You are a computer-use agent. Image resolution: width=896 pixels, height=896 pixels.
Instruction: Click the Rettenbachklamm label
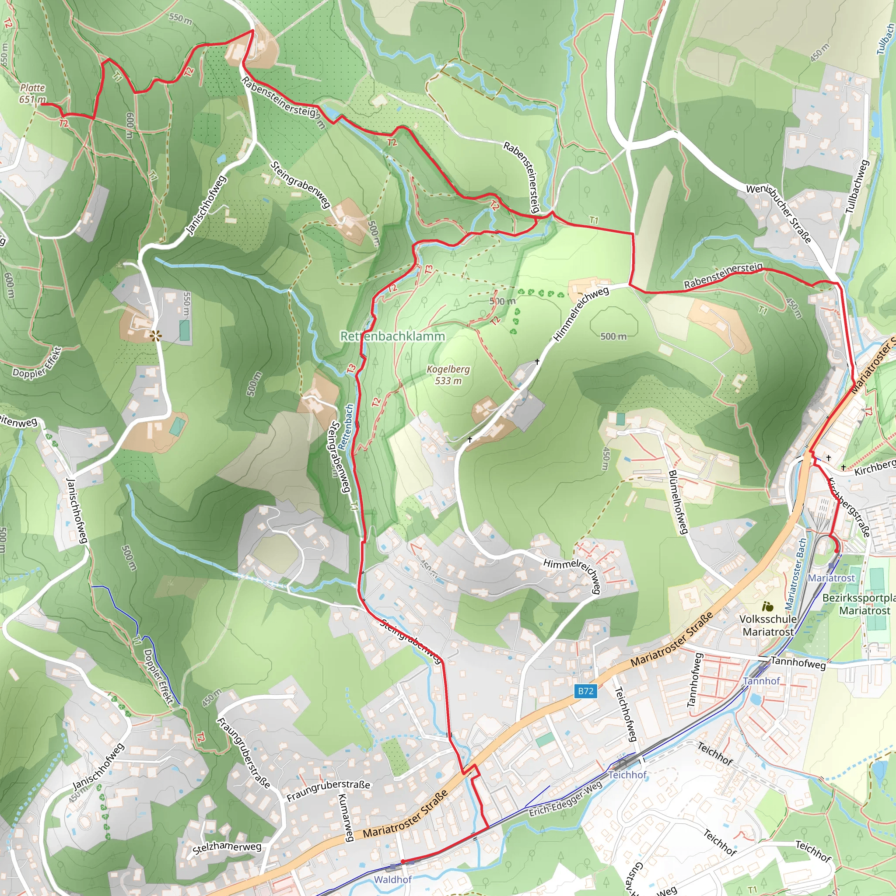[392, 336]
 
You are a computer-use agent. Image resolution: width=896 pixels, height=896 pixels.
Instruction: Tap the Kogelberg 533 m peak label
[448, 375]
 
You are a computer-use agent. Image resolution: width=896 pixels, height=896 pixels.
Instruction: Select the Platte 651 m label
[32, 93]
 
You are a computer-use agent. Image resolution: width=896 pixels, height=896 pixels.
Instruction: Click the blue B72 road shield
[585, 691]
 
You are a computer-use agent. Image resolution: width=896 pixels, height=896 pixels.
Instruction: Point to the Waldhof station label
[392, 879]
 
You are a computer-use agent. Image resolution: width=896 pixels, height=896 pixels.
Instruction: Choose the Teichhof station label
[627, 775]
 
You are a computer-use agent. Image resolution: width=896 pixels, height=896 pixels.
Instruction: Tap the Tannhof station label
[761, 681]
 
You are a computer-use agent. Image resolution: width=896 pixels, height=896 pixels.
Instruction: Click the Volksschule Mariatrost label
[768, 625]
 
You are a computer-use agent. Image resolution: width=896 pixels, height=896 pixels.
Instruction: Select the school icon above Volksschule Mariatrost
[767, 606]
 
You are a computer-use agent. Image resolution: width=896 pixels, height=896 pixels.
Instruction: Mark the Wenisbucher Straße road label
[779, 214]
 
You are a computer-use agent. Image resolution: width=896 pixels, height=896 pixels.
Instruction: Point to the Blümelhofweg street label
[678, 502]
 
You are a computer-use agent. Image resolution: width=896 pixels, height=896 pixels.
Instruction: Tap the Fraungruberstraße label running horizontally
[329, 790]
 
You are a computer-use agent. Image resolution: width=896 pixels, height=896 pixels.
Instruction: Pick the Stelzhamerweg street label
[227, 847]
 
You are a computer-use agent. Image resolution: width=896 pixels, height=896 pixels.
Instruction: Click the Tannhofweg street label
[798, 663]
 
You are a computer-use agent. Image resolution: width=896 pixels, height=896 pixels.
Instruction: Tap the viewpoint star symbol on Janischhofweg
[156, 336]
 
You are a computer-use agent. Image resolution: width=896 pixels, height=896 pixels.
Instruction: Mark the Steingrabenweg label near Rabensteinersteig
[300, 184]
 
